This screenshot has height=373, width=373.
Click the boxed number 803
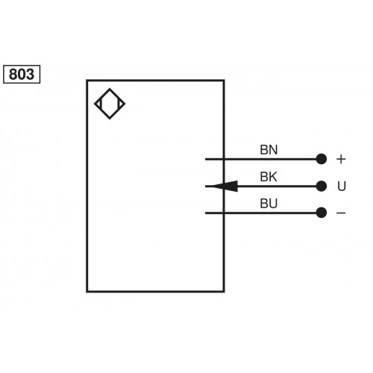(22, 74)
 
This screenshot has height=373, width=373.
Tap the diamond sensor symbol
(110, 104)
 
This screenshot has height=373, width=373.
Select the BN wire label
(269, 149)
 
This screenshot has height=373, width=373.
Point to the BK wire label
(269, 177)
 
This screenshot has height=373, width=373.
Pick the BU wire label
(269, 203)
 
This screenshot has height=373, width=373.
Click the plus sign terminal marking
(341, 159)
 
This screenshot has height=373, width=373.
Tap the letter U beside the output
(341, 186)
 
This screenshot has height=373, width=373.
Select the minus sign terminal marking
(341, 213)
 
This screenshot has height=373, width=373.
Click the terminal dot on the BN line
(322, 159)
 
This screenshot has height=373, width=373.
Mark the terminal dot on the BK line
(322, 186)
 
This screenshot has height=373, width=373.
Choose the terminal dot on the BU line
(322, 213)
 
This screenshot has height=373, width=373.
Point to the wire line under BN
(261, 159)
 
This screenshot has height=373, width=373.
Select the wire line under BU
(261, 213)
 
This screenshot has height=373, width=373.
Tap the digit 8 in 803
(14, 74)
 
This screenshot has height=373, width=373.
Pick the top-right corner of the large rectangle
(224, 81)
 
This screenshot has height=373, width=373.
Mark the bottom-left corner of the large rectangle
(87, 291)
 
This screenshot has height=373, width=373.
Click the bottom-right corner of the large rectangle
(224, 291)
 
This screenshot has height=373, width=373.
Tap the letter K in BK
(273, 177)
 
